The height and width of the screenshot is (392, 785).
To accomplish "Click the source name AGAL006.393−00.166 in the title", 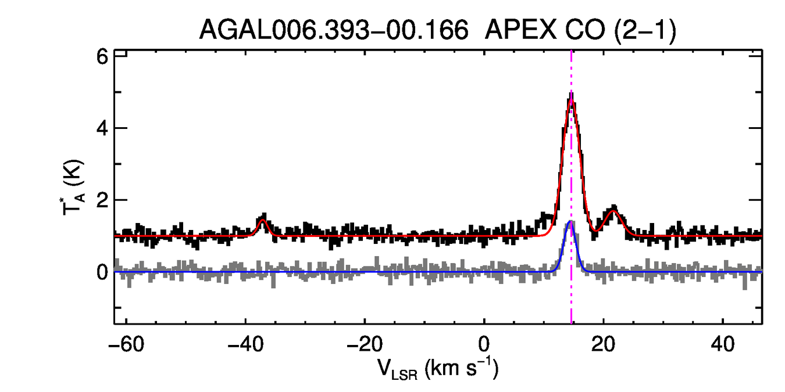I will click(334, 30).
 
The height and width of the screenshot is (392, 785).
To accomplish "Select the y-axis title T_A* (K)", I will click(74, 189).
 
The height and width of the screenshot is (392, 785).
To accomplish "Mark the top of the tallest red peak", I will click(571, 100).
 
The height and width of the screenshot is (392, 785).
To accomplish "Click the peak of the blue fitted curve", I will click(570, 222).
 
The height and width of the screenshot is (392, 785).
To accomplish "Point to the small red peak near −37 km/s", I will click(262, 220).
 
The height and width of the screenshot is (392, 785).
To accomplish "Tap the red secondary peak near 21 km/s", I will click(613, 211).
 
